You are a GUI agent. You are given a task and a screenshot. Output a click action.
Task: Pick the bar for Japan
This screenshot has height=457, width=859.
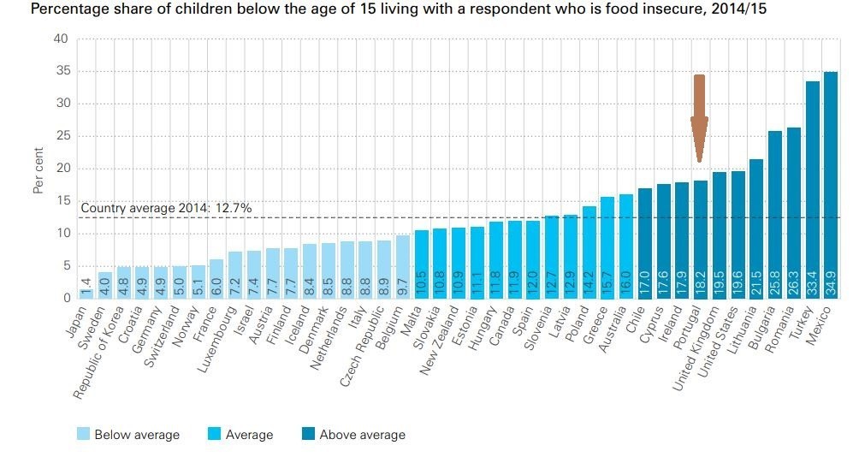(86, 293)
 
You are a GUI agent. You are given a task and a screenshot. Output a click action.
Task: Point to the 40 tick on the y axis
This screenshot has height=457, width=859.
(61, 39)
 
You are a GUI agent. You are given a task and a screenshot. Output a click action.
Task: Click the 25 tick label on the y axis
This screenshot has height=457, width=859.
(61, 136)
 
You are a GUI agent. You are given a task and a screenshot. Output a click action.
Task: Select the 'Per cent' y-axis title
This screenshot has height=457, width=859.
(38, 170)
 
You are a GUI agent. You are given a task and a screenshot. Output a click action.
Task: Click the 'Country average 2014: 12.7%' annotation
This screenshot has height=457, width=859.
(166, 207)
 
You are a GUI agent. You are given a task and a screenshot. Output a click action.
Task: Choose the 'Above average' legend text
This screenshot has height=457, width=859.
(362, 435)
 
